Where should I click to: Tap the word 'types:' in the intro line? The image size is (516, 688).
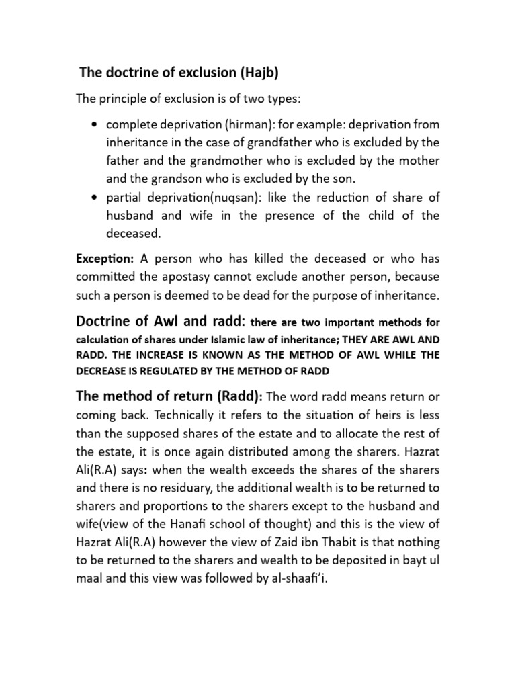(x=283, y=99)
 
